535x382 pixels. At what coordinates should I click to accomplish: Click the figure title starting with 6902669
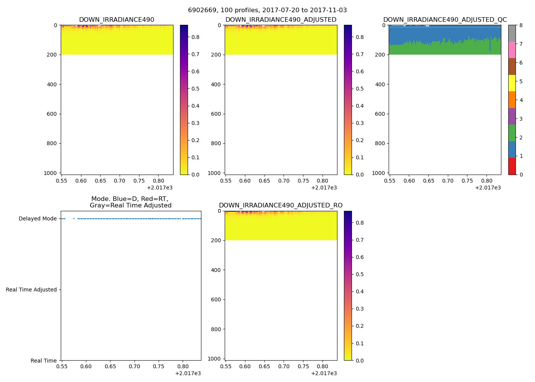tap(267, 10)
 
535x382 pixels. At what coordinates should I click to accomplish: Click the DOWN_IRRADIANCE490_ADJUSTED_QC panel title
tap(445, 20)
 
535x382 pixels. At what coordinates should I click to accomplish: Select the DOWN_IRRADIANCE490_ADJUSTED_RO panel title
tap(280, 206)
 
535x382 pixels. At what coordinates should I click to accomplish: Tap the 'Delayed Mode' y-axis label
tap(37, 219)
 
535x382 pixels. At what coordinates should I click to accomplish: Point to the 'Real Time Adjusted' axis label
tap(31, 290)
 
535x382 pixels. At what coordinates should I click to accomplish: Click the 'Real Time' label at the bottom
tap(44, 361)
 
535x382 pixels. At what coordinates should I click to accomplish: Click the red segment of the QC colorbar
tap(512, 166)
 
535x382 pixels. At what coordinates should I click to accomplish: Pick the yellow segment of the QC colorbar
tap(512, 83)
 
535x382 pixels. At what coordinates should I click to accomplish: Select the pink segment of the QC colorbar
tap(512, 50)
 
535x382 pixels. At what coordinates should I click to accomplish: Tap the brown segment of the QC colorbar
tap(512, 66)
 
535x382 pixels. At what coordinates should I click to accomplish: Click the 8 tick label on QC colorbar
tap(521, 26)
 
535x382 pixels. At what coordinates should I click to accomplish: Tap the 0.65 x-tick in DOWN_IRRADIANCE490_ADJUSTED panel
tap(264, 181)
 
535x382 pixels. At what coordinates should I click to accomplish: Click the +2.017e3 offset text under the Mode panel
tap(188, 374)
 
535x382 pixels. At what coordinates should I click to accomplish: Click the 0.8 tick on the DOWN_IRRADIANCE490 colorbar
tap(195, 37)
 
